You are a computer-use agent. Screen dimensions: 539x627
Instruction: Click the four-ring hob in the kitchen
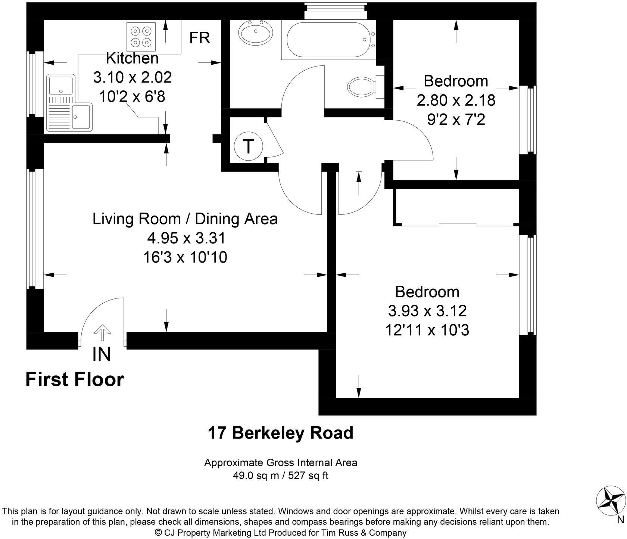point(141,36)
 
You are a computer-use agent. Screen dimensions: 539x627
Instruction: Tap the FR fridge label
point(200,38)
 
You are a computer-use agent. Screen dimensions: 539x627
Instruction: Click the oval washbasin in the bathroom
point(256,32)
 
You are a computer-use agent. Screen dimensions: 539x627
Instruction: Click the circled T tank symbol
point(249,146)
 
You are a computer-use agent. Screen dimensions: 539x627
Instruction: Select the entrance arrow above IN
point(102,332)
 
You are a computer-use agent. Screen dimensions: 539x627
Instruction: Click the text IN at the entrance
point(102,354)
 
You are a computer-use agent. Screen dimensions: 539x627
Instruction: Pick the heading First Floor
point(75,380)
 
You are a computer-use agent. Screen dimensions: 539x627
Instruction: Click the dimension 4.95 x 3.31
point(185,238)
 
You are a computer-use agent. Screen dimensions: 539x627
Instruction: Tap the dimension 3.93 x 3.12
point(427,311)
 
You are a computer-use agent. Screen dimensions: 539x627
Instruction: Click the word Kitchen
point(132,58)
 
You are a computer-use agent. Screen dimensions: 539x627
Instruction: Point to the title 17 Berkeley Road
point(280,433)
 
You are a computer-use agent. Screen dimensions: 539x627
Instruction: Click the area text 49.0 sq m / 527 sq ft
point(280,476)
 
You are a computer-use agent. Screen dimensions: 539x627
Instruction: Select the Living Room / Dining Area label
point(185,219)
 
